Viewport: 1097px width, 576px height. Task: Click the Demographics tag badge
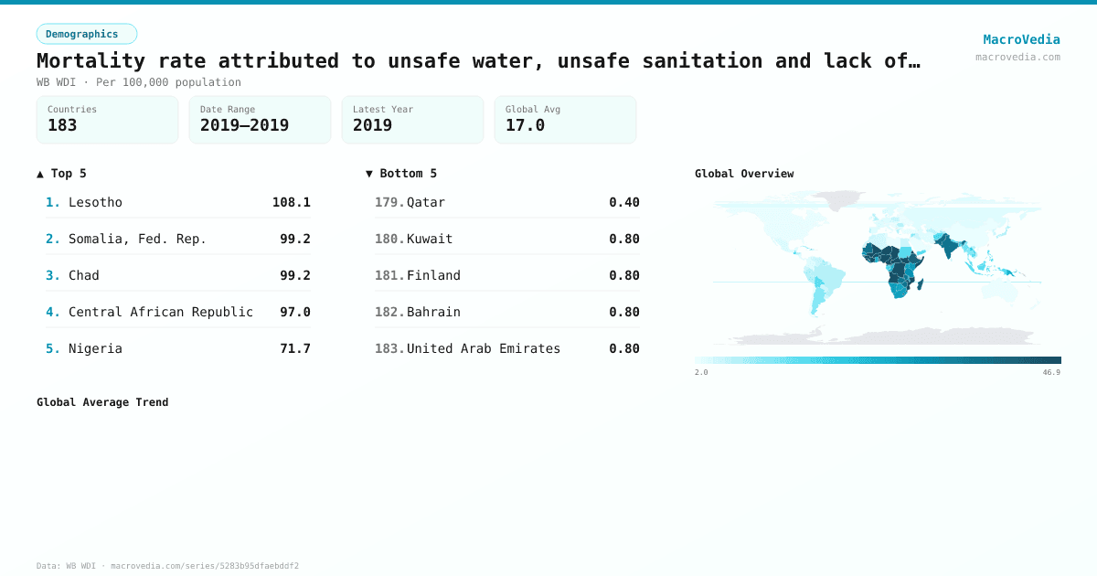[x=87, y=34]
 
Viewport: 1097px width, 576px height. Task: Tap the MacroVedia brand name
[x=1021, y=39]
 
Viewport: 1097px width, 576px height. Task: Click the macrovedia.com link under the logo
[x=1017, y=57]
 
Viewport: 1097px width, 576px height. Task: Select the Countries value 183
[x=62, y=125]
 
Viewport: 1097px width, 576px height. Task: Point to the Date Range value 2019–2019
[x=244, y=125]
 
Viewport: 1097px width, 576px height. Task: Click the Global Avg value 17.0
[x=525, y=125]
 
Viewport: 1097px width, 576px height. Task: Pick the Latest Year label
[x=383, y=109]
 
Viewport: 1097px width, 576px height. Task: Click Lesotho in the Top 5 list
[x=95, y=202]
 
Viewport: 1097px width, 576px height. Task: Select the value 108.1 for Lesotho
[x=291, y=202]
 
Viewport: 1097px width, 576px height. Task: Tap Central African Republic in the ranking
[x=161, y=312]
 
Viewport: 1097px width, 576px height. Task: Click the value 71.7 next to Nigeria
[x=294, y=348]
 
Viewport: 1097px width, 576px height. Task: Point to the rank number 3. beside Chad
[x=53, y=275]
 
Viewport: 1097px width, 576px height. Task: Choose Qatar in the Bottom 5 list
[x=426, y=202]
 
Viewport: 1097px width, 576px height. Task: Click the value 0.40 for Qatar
[x=623, y=202]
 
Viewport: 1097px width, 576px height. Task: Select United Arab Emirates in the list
[x=484, y=348]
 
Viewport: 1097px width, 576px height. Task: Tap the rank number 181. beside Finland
[x=389, y=275]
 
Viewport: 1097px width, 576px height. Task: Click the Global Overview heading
[x=744, y=174]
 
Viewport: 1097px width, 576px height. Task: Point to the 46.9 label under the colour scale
[x=1051, y=372]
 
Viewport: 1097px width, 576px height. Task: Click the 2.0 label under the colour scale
[x=701, y=372]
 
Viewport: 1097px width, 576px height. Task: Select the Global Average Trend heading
[x=102, y=402]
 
